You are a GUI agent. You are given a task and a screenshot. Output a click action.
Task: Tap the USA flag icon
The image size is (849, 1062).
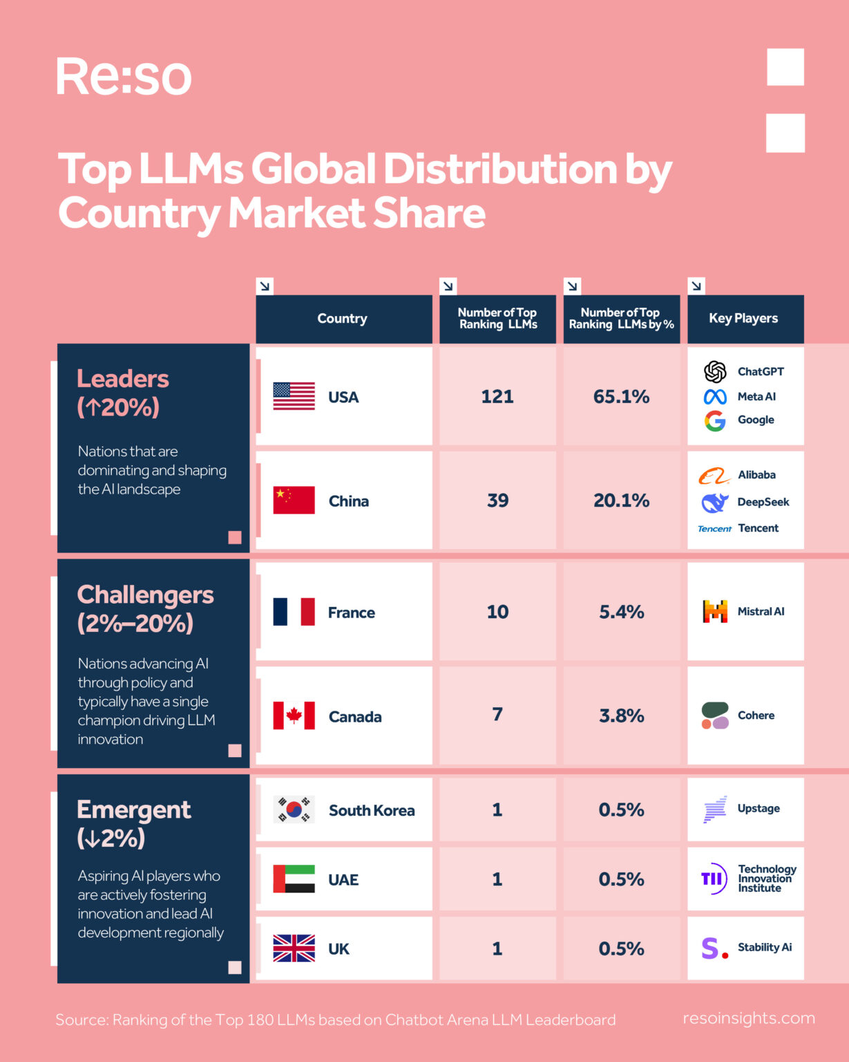point(294,396)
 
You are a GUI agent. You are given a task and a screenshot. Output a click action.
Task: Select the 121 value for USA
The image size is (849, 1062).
point(497,396)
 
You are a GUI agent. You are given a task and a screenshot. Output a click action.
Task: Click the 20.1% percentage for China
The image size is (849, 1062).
point(621,501)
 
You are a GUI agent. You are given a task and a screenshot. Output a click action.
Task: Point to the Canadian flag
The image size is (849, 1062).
point(294,716)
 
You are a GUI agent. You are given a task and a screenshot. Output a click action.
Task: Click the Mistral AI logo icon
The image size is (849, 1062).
point(715,611)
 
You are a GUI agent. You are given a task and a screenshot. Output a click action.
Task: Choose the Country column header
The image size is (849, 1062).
point(342,319)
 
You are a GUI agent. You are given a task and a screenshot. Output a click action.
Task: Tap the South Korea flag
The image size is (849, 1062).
point(294,809)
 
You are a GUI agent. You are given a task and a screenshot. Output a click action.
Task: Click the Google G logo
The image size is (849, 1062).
point(715,420)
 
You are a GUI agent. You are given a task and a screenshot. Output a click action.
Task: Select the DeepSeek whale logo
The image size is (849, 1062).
point(715,503)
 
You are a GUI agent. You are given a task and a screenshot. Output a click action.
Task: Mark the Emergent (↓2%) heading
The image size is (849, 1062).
point(133,823)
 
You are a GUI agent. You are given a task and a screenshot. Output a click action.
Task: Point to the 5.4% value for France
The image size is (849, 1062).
point(621,612)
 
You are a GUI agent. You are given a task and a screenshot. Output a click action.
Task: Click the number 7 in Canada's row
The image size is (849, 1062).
point(497,714)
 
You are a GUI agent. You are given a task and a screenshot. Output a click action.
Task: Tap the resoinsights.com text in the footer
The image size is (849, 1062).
point(749,1018)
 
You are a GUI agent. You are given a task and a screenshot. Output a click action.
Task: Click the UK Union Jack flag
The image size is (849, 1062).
point(294,948)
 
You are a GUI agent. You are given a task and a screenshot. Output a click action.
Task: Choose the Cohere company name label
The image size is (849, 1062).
point(756,716)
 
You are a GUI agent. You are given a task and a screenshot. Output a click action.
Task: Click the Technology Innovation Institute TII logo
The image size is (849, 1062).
point(714,879)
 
